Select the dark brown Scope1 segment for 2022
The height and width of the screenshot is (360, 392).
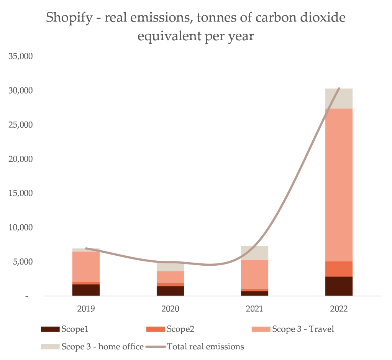(x=339, y=286)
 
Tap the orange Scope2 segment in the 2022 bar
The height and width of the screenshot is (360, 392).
(x=339, y=269)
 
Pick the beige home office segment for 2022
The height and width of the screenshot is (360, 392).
(x=339, y=99)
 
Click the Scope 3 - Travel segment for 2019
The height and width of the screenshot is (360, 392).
(x=86, y=266)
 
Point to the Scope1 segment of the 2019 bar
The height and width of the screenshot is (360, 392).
(x=86, y=290)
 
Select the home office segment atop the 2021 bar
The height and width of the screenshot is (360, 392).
(x=254, y=253)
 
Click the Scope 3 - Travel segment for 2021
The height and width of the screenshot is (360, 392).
(x=254, y=275)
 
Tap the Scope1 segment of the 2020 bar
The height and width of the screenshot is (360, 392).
(x=170, y=291)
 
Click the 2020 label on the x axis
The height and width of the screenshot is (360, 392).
(x=170, y=309)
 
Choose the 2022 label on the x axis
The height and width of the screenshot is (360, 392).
(x=339, y=309)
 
